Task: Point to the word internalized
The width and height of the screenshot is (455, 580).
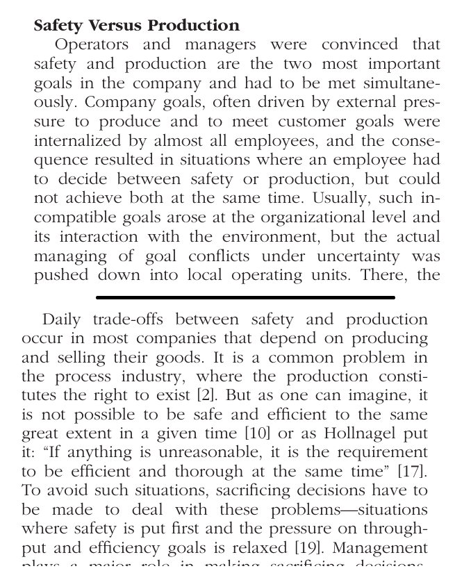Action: (78, 141)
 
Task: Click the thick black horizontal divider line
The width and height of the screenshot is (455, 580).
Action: (245, 297)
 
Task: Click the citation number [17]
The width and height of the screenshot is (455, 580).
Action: (412, 472)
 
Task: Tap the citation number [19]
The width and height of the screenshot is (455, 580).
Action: (306, 549)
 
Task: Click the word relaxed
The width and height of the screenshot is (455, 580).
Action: (257, 549)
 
